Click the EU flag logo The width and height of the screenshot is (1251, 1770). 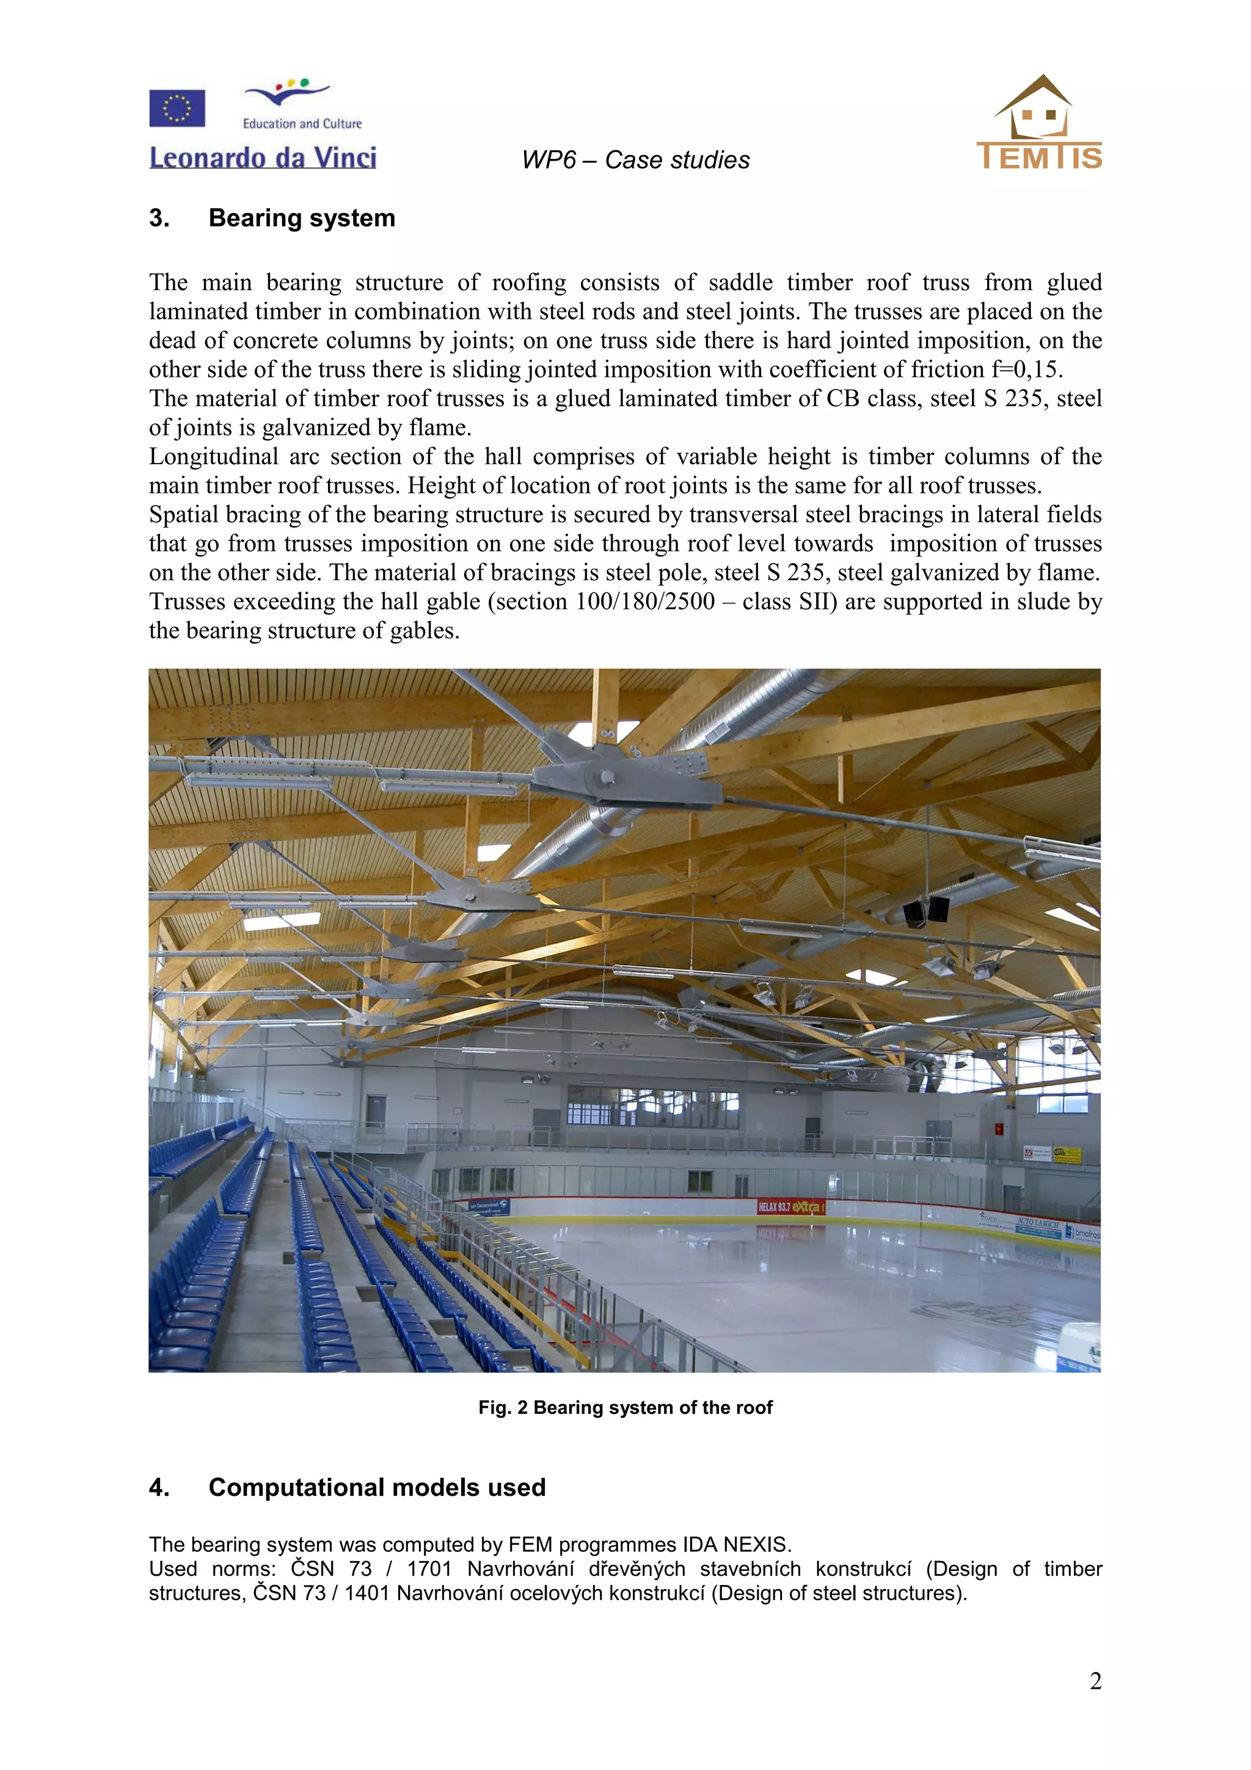click(177, 108)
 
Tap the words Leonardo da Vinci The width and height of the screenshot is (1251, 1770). click(262, 158)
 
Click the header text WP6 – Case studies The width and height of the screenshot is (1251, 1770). click(635, 161)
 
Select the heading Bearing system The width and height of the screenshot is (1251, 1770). click(301, 218)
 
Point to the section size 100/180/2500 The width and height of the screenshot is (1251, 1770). click(645, 602)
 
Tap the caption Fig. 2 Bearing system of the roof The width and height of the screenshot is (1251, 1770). click(625, 1408)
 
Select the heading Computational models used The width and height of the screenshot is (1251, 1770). click(377, 1488)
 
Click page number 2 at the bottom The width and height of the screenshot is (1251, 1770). click(1095, 1681)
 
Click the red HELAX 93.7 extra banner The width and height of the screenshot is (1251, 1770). click(790, 1206)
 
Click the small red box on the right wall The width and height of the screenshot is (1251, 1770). click(1000, 1129)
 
